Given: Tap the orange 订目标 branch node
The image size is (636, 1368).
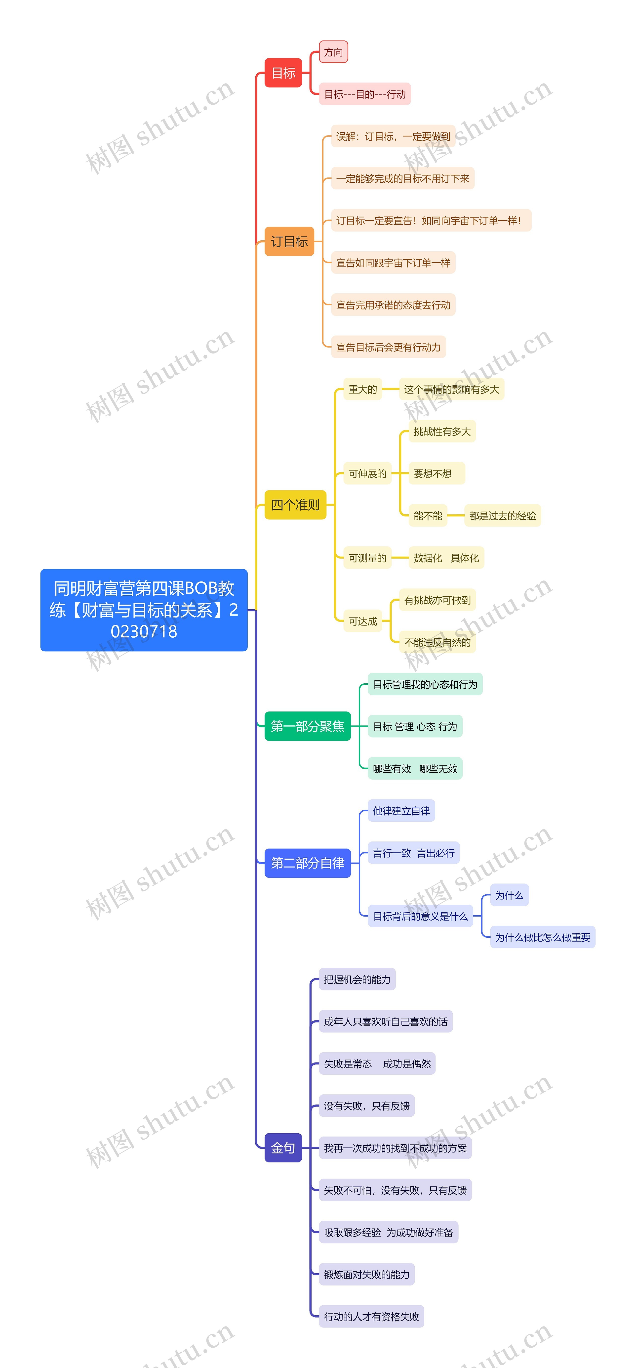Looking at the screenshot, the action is click(289, 242).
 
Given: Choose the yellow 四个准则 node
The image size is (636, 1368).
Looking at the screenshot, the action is click(295, 504).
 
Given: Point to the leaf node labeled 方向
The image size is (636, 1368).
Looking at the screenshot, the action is click(333, 52).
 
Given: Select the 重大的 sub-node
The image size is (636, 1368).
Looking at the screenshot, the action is click(362, 389).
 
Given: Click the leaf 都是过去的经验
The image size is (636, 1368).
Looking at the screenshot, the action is click(502, 516).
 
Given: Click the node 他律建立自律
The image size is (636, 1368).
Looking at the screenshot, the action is click(401, 811).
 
